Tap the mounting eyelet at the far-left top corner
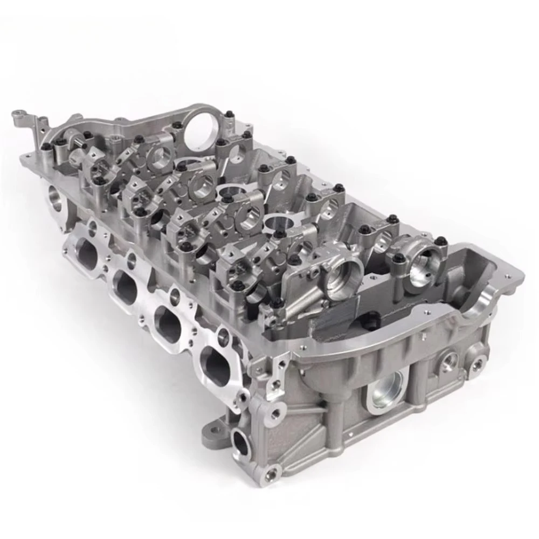click(x=20, y=115)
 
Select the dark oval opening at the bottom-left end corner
click(x=241, y=443)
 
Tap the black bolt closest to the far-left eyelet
click(x=45, y=146)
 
